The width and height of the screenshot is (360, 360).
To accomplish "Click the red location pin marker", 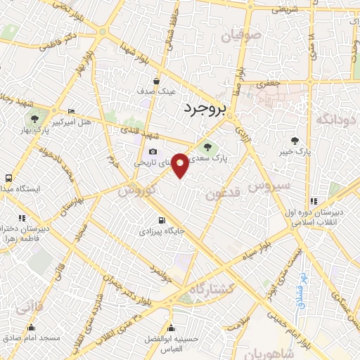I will coord(180,165).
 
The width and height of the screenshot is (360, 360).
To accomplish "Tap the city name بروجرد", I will coord(205,109).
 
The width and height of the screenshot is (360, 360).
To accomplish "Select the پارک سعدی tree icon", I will coord(207,147).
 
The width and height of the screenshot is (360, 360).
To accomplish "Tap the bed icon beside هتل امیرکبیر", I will coord(71,112).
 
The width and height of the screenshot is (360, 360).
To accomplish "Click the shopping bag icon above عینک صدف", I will coord(156,80).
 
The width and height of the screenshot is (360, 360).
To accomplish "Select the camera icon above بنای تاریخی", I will coord(153,152).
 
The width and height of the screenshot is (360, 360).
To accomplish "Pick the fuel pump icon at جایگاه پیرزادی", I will coord(162,219).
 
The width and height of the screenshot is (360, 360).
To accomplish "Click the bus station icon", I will coord(8,179).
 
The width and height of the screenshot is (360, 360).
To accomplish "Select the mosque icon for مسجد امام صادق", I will coord(31,328).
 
